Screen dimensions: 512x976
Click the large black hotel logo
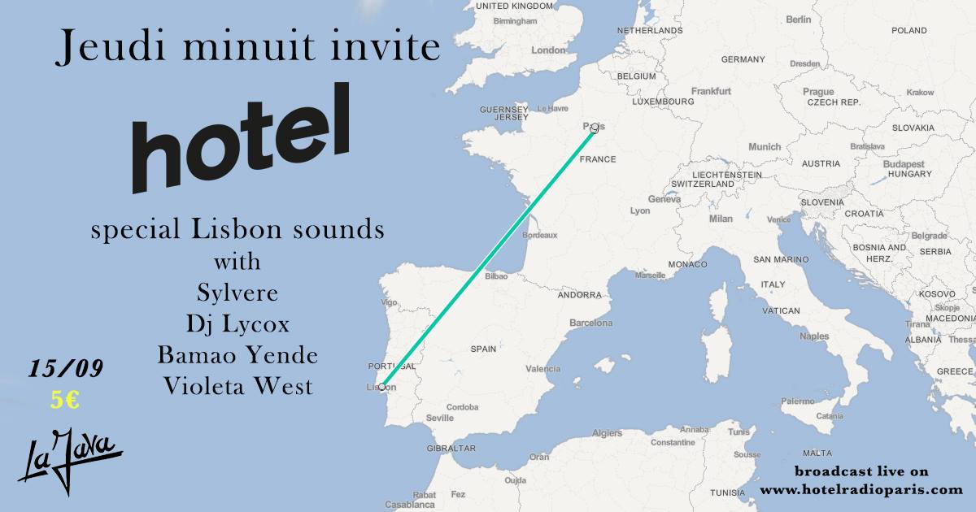tap(241, 138)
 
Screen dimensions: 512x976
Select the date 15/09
tap(66, 369)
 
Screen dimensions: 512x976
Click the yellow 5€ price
tap(64, 400)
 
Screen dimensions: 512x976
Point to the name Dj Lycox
tap(237, 325)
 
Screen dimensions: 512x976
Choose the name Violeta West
tap(237, 386)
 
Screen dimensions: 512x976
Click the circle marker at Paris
tap(595, 128)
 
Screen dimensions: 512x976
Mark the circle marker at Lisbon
tap(382, 386)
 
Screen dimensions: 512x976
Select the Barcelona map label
tap(590, 323)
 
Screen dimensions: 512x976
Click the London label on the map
tap(547, 50)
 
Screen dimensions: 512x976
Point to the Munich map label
tap(764, 147)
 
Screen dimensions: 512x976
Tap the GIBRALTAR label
tap(451, 448)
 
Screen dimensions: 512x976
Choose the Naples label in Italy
tap(814, 336)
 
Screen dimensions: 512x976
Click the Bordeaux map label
tap(539, 236)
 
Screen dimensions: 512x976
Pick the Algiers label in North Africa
tap(607, 433)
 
